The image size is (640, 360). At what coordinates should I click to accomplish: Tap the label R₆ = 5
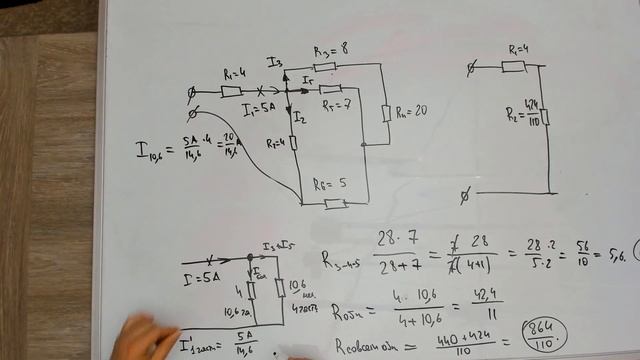(329, 183)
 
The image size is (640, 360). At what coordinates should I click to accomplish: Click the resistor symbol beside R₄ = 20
(386, 111)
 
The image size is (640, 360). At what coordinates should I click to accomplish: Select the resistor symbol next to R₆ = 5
(336, 204)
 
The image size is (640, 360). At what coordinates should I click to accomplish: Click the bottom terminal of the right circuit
(464, 191)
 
